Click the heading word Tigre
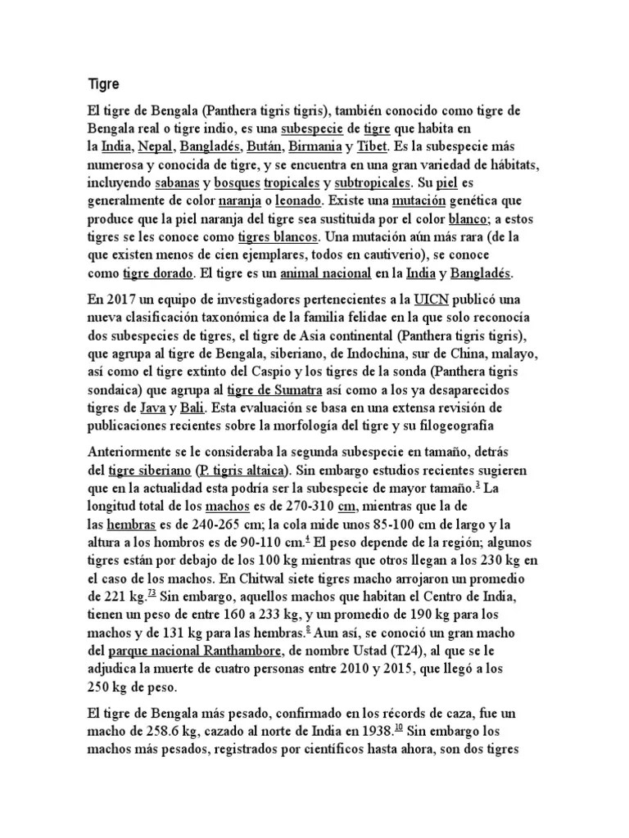click(x=104, y=84)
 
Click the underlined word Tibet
click(x=373, y=147)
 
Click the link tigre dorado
click(x=158, y=273)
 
